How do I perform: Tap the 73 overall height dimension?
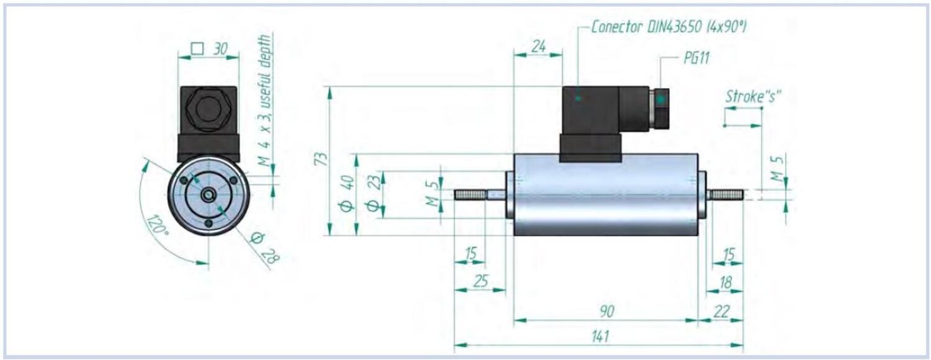click(320, 159)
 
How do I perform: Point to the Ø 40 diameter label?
click(347, 194)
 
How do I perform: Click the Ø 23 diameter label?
click(372, 194)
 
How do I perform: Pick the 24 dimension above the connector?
click(537, 45)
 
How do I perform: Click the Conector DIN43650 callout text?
click(668, 27)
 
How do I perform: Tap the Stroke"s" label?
click(753, 96)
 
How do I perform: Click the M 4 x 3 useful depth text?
click(265, 99)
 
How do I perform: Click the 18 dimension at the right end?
click(726, 282)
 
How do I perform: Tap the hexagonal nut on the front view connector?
click(208, 109)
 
